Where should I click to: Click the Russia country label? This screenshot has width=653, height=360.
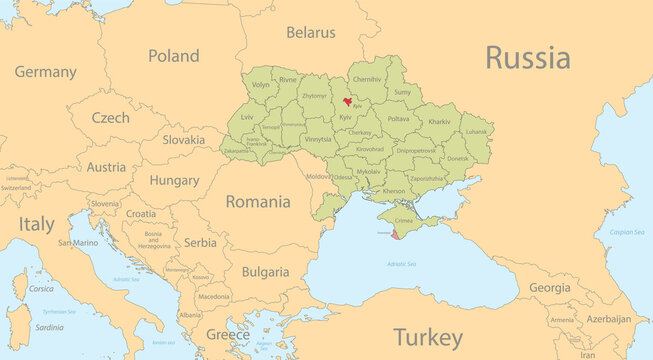pyautogui.click(x=527, y=57)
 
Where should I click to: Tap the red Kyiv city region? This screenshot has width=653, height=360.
pyautogui.click(x=348, y=101)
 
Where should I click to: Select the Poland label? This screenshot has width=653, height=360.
pyautogui.click(x=173, y=56)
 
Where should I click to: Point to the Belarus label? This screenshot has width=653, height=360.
pyautogui.click(x=310, y=32)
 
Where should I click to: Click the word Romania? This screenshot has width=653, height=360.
pyautogui.click(x=258, y=201)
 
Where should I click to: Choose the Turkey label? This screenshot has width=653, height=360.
pyautogui.click(x=427, y=335)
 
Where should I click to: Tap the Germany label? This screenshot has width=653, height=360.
pyautogui.click(x=45, y=72)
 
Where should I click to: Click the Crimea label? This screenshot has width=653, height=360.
pyautogui.click(x=404, y=220)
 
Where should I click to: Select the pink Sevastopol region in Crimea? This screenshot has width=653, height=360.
pyautogui.click(x=396, y=236)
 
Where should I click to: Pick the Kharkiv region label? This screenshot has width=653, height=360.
pyautogui.click(x=439, y=122)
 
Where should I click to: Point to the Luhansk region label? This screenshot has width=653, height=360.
pyautogui.click(x=477, y=132)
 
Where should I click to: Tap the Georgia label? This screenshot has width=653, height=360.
pyautogui.click(x=549, y=287)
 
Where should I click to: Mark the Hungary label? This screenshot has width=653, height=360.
pyautogui.click(x=174, y=181)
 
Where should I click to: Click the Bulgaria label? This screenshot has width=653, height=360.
pyautogui.click(x=265, y=271)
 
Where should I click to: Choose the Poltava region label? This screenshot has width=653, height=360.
pyautogui.click(x=398, y=118)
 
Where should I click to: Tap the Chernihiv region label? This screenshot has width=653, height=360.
pyautogui.click(x=367, y=78)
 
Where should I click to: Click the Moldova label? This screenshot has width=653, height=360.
pyautogui.click(x=318, y=176)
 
